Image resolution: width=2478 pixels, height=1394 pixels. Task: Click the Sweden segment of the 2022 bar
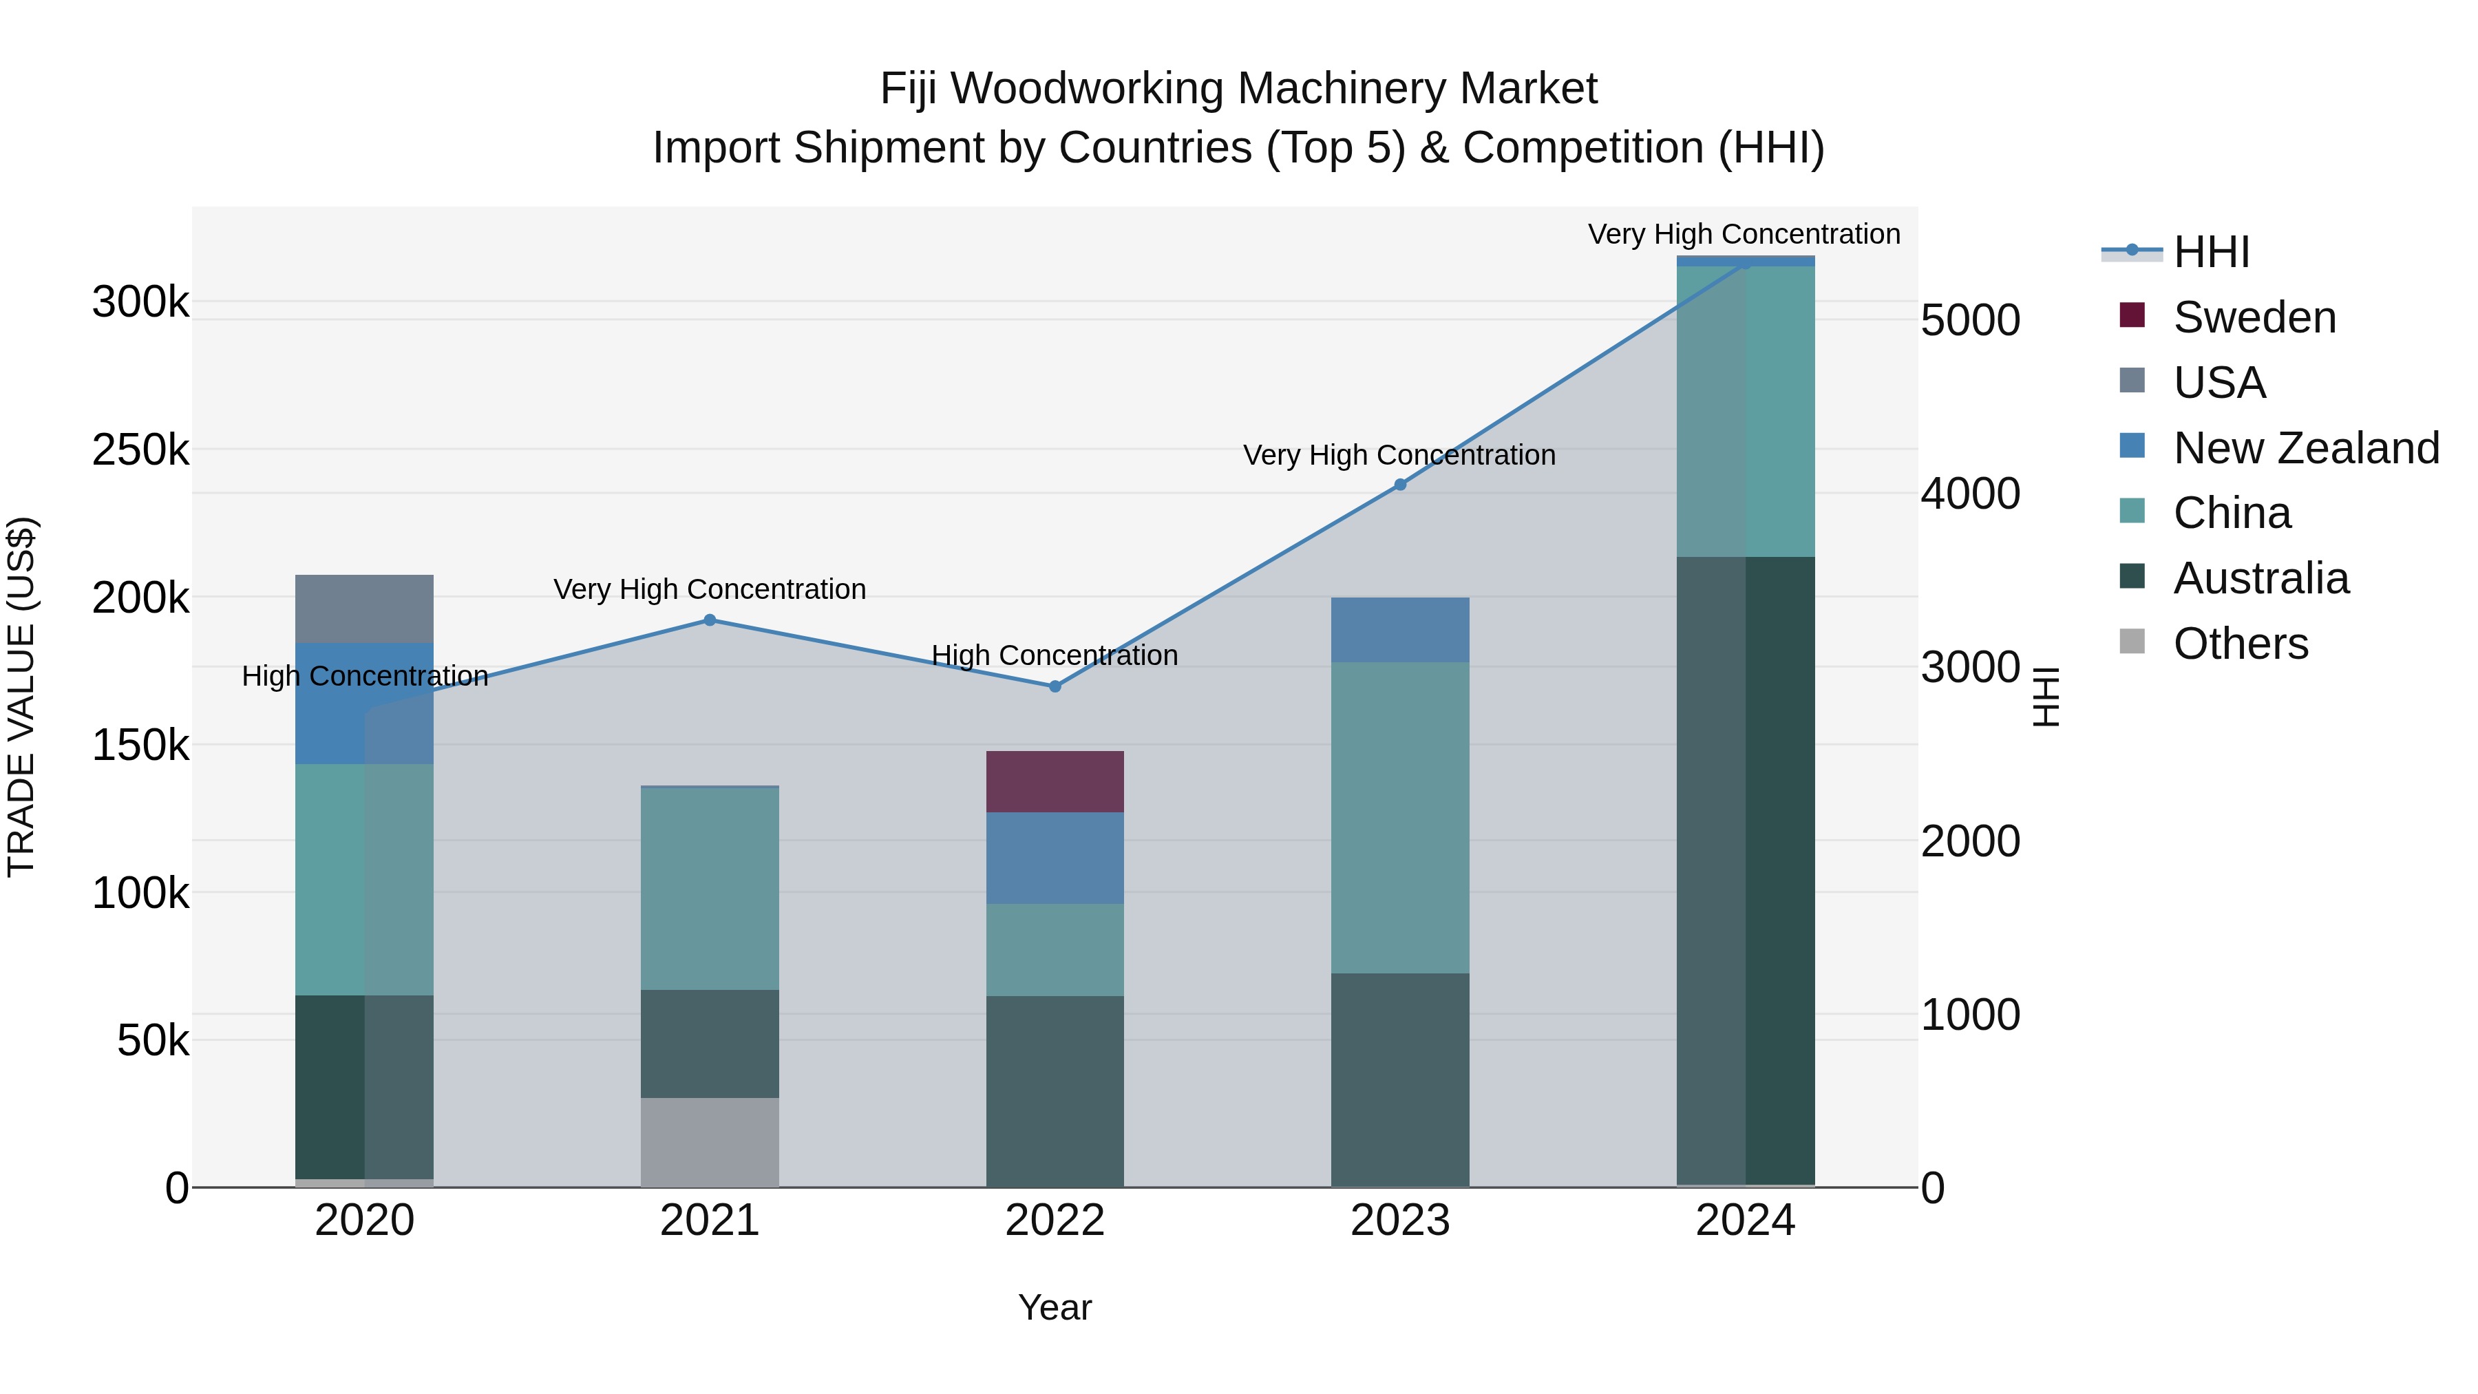click(x=1055, y=781)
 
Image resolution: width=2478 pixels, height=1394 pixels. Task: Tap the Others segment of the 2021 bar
click(x=710, y=1142)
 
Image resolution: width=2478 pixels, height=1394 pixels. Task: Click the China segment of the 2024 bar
click(x=1745, y=411)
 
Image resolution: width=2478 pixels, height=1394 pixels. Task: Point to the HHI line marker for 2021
click(x=710, y=620)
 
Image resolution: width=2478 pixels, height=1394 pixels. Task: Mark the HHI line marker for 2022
click(x=1055, y=686)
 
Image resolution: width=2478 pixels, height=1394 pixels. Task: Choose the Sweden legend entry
click(x=2254, y=317)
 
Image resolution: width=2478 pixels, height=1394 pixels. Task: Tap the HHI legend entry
click(x=2210, y=252)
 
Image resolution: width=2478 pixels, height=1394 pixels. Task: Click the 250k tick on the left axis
click(x=140, y=450)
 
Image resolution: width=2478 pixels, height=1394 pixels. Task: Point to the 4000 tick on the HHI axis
click(x=1970, y=494)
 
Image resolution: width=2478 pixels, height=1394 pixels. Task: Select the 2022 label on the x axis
click(x=1055, y=1221)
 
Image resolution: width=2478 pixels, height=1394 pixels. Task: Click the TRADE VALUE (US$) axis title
click(x=21, y=697)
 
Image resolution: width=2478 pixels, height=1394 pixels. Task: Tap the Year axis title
click(x=1055, y=1307)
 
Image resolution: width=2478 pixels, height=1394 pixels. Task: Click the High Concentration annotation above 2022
click(x=1055, y=655)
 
